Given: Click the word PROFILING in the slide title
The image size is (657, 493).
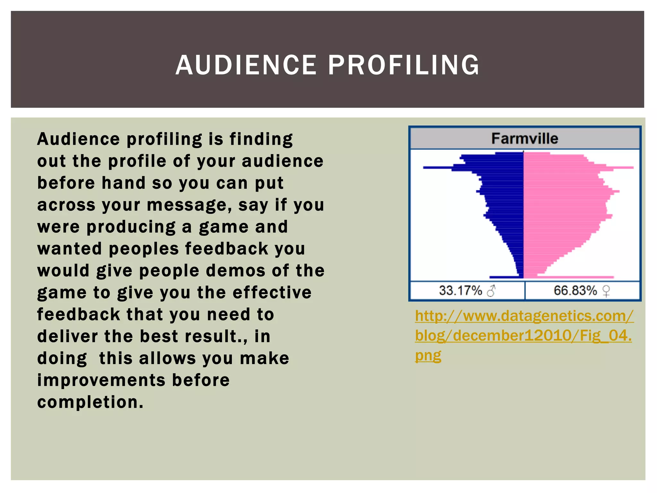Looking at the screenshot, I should [x=404, y=65].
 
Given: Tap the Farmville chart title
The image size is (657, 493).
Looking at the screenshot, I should [x=525, y=139].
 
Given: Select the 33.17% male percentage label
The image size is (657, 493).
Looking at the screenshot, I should [x=460, y=290].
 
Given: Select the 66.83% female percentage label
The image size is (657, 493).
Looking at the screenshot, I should [x=575, y=290].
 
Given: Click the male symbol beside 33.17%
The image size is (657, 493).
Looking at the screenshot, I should [x=491, y=291].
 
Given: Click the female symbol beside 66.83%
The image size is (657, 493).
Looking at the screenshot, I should [x=606, y=291].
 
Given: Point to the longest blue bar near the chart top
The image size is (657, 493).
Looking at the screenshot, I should [x=449, y=168].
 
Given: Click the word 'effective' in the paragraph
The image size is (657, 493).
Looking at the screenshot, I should [x=272, y=292].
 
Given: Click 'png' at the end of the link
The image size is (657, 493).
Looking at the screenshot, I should [x=428, y=356].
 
